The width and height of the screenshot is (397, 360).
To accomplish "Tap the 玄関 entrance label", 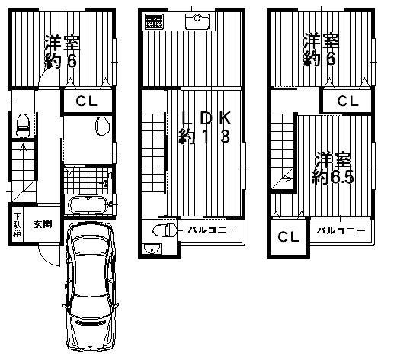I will (x=43, y=224).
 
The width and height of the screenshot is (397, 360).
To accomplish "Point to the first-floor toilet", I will (x=24, y=122).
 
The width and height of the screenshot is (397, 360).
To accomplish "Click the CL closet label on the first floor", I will (x=86, y=102).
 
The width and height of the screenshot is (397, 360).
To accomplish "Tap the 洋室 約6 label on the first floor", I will (x=63, y=50).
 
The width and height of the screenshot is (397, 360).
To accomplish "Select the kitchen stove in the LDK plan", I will (x=154, y=22).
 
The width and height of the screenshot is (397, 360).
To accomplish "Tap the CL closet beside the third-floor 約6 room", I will (x=347, y=101).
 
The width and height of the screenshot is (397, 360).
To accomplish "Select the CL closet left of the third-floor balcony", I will (x=287, y=237).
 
